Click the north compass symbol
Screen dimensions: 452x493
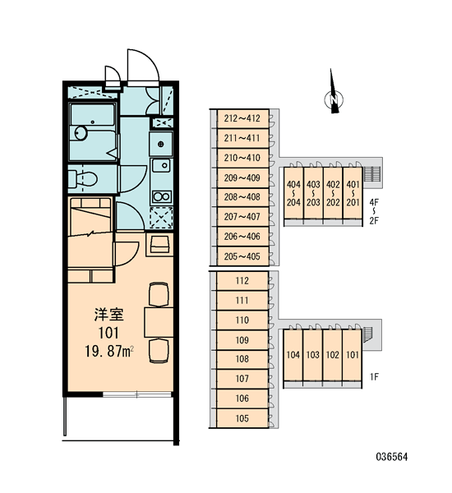[334, 99]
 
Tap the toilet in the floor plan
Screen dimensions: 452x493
[82, 178]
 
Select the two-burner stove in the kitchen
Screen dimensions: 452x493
[161, 197]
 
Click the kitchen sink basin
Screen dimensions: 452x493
[161, 166]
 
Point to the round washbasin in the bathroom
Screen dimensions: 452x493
[81, 133]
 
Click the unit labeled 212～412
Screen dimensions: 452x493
[242, 118]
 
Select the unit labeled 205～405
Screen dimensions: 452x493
[242, 256]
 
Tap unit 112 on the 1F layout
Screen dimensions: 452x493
[242, 280]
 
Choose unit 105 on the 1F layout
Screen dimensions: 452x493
[242, 418]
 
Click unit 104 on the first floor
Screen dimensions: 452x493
[293, 355]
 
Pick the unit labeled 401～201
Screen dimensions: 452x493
[353, 193]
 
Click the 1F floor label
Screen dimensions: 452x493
[374, 376]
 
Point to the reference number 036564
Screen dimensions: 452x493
[392, 457]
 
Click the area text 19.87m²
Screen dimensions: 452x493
[109, 351]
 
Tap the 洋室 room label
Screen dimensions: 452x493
[108, 315]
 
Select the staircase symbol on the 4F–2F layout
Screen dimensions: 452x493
[372, 174]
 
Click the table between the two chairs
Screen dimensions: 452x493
[159, 323]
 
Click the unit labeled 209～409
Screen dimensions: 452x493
[242, 177]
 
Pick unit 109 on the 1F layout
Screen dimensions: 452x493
[242, 340]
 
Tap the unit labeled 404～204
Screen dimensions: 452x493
[293, 193]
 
